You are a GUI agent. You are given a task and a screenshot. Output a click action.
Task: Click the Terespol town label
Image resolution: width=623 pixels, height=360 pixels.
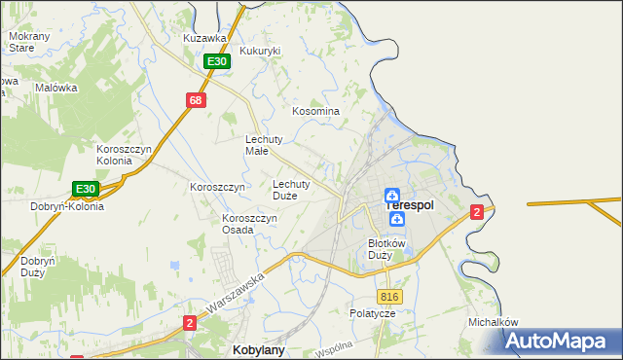coord(410,205)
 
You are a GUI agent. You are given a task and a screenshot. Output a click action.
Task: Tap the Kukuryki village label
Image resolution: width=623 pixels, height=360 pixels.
coord(260,51)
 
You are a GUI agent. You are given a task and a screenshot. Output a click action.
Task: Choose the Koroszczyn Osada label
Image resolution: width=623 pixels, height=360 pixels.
coord(250,224)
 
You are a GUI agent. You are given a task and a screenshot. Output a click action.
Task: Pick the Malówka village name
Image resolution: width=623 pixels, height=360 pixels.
coord(55,87)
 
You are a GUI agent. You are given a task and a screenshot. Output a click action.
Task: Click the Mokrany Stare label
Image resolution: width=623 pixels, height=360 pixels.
coord(21,41)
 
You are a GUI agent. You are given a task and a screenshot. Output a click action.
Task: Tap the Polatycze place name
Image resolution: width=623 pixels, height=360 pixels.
coord(372,314)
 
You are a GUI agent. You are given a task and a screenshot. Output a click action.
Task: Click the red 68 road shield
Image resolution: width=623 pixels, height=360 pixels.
coord(197,100)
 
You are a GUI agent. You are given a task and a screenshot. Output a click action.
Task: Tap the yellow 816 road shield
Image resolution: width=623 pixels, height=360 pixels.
coord(389,297)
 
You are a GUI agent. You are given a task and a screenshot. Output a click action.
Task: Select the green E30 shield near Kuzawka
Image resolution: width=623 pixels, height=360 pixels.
coord(217,61)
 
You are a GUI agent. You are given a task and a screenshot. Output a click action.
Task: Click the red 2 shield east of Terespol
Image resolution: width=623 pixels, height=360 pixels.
coord(476,212)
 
